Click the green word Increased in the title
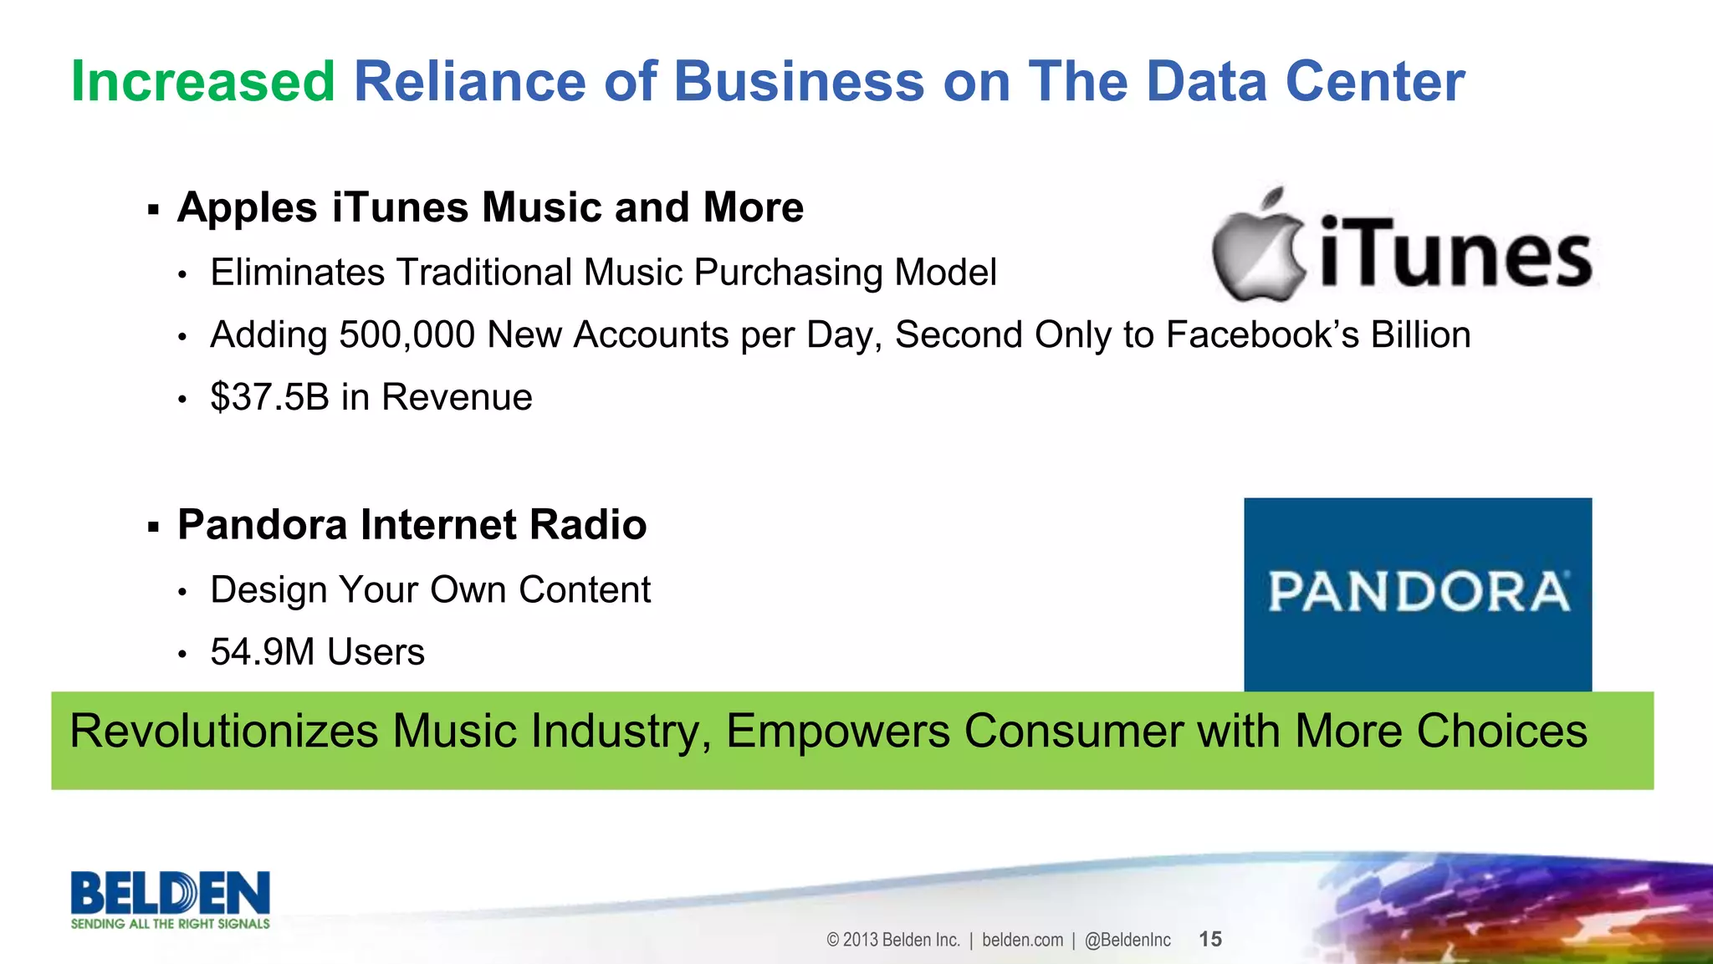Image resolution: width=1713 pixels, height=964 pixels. point(203,82)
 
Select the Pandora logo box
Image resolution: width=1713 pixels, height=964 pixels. point(1418,594)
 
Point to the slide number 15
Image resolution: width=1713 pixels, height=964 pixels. point(1210,939)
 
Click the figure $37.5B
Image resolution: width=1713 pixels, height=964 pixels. point(269,397)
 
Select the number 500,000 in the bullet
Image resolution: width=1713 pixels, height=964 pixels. point(408,335)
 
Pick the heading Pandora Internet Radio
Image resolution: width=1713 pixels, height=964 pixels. point(412,525)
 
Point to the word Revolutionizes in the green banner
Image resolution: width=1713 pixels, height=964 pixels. point(224,731)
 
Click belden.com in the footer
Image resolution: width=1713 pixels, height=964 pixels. point(1022,940)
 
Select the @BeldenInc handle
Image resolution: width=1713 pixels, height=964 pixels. point(1128,940)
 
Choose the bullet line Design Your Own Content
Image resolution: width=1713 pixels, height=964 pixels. point(430,590)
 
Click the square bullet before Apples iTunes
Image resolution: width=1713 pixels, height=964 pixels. point(153,209)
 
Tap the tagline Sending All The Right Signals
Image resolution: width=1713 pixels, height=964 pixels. point(171,924)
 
